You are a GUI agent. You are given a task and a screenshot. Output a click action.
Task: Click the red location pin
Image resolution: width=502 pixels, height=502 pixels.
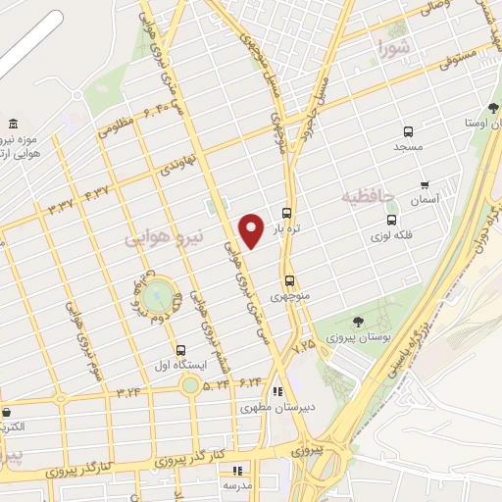(x=251, y=229)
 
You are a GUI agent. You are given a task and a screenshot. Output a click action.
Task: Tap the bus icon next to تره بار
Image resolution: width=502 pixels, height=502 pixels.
(x=286, y=213)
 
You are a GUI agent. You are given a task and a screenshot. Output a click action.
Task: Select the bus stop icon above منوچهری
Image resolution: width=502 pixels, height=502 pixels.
(x=288, y=280)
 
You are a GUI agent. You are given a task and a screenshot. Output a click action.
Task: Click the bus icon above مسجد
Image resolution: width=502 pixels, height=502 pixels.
(x=408, y=131)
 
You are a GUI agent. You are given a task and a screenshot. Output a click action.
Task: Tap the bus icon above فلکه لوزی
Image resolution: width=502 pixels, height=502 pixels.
(x=391, y=221)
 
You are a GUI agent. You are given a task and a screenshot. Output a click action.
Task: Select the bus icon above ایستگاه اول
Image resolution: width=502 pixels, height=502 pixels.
(x=180, y=350)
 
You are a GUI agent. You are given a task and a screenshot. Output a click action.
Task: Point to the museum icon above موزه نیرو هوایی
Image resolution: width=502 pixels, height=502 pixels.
(x=12, y=124)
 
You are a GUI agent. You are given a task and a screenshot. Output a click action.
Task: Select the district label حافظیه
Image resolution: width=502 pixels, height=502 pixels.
(x=365, y=198)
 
